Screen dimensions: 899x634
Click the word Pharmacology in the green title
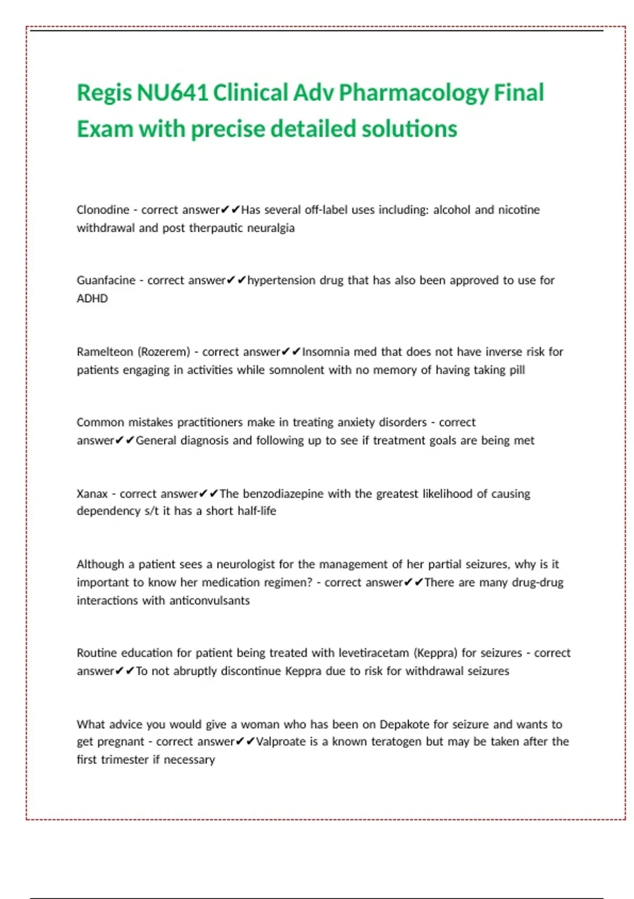(x=414, y=94)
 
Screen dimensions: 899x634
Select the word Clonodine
(x=103, y=210)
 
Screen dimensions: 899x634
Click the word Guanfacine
(x=106, y=280)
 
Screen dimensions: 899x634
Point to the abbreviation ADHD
(x=92, y=298)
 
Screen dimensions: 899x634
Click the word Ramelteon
(x=105, y=352)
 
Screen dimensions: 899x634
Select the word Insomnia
(x=325, y=352)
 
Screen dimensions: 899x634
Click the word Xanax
(x=92, y=494)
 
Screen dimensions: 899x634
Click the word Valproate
(x=281, y=741)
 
